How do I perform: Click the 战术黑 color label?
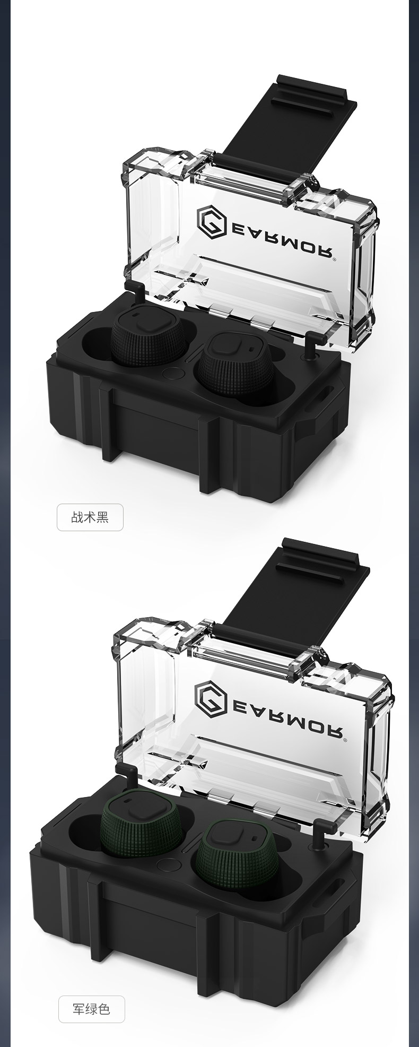point(90,517)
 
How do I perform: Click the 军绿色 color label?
point(91,1009)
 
